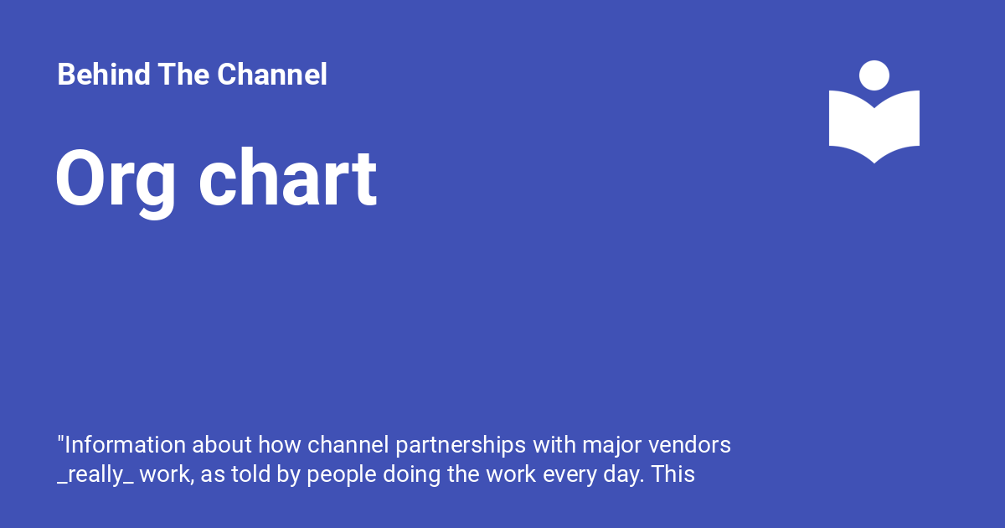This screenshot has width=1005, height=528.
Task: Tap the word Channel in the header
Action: [272, 75]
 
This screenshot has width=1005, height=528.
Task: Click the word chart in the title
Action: [287, 179]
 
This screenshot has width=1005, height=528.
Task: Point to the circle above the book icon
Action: [874, 75]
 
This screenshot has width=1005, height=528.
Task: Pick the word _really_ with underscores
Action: [95, 474]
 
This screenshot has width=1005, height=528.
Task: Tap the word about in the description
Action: [224, 444]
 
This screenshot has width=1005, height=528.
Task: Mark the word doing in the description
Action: [410, 474]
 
